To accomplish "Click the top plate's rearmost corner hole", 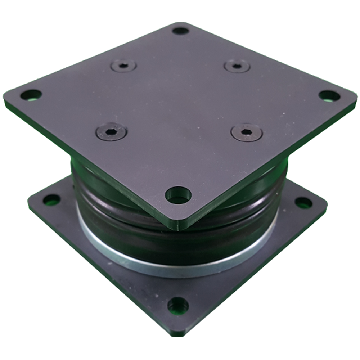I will [180, 31].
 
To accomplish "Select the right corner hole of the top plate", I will [329, 96].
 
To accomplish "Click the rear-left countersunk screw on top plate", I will [123, 66].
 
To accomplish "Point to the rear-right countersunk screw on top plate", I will [237, 66].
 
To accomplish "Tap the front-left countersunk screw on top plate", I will [111, 131].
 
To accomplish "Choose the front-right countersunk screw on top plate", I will [247, 132].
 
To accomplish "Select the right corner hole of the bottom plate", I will [303, 203].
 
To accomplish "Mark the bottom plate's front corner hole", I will [178, 306].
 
